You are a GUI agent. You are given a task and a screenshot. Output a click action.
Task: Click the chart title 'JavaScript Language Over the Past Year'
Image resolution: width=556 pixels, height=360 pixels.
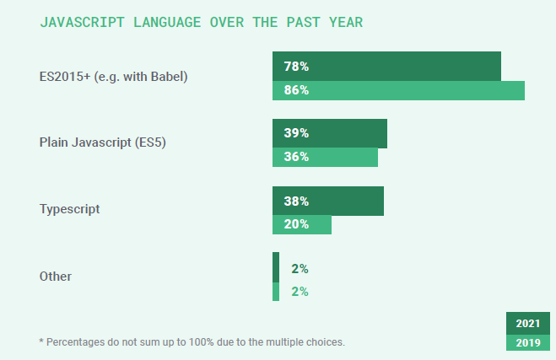pos(202,22)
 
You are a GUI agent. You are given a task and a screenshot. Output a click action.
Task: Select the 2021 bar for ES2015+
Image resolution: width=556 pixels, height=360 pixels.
pos(386,67)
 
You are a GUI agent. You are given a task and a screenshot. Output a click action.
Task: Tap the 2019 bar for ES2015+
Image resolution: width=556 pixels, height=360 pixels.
pos(398,90)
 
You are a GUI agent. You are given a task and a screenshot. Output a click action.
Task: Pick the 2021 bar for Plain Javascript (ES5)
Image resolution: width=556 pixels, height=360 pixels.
pos(330,133)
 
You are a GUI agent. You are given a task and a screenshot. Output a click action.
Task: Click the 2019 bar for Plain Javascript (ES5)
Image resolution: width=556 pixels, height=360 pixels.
pos(325,157)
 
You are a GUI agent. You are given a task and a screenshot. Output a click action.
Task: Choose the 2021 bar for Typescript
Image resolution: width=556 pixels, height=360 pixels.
pos(328,201)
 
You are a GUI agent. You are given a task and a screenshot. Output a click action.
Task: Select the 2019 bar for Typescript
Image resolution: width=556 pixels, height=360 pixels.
pos(302,224)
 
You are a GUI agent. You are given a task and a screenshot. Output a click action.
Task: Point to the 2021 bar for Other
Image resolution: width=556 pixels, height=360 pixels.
pos(276,268)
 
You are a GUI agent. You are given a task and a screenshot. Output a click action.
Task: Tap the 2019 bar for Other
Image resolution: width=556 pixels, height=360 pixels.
pos(276,292)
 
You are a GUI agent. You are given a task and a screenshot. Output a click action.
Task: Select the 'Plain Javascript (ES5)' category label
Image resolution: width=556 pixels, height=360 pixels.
pos(103,142)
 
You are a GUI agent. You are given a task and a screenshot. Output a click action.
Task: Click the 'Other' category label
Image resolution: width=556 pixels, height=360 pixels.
pos(56,276)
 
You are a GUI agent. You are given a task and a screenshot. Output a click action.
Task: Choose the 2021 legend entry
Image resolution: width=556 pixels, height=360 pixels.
pos(527,324)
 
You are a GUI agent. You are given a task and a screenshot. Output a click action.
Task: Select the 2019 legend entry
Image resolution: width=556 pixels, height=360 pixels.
pos(527,342)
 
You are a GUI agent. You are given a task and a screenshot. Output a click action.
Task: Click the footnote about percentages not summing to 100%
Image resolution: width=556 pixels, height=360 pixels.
pos(192,341)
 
